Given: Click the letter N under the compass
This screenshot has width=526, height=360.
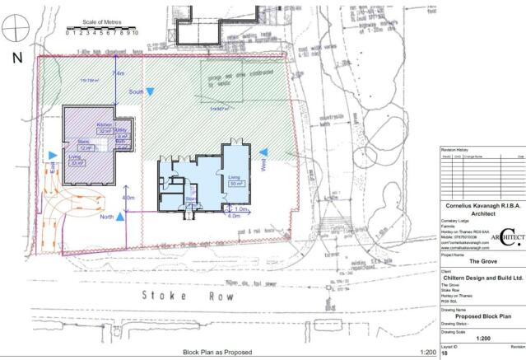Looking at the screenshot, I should [x=16, y=58].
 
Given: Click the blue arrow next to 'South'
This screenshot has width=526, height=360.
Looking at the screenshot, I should [x=156, y=93].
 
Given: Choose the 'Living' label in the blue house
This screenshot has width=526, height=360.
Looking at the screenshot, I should [x=233, y=176].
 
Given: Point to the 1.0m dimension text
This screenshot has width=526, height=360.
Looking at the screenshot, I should [x=233, y=209].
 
